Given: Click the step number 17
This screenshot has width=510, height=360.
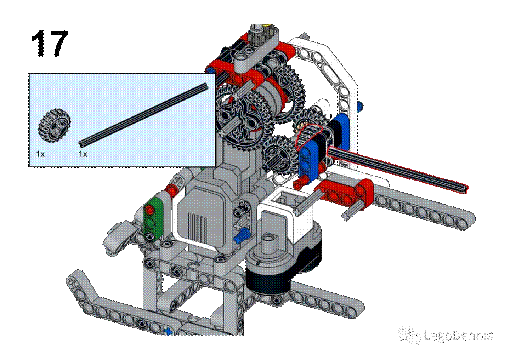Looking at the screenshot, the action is (x=50, y=43).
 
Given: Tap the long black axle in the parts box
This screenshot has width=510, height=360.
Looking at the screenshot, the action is (x=143, y=114).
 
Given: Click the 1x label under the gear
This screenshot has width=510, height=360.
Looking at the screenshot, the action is (x=40, y=154).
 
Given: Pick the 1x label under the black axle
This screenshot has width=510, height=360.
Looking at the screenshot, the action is (x=83, y=154).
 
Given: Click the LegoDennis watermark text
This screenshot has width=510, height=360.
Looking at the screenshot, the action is (x=458, y=336).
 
